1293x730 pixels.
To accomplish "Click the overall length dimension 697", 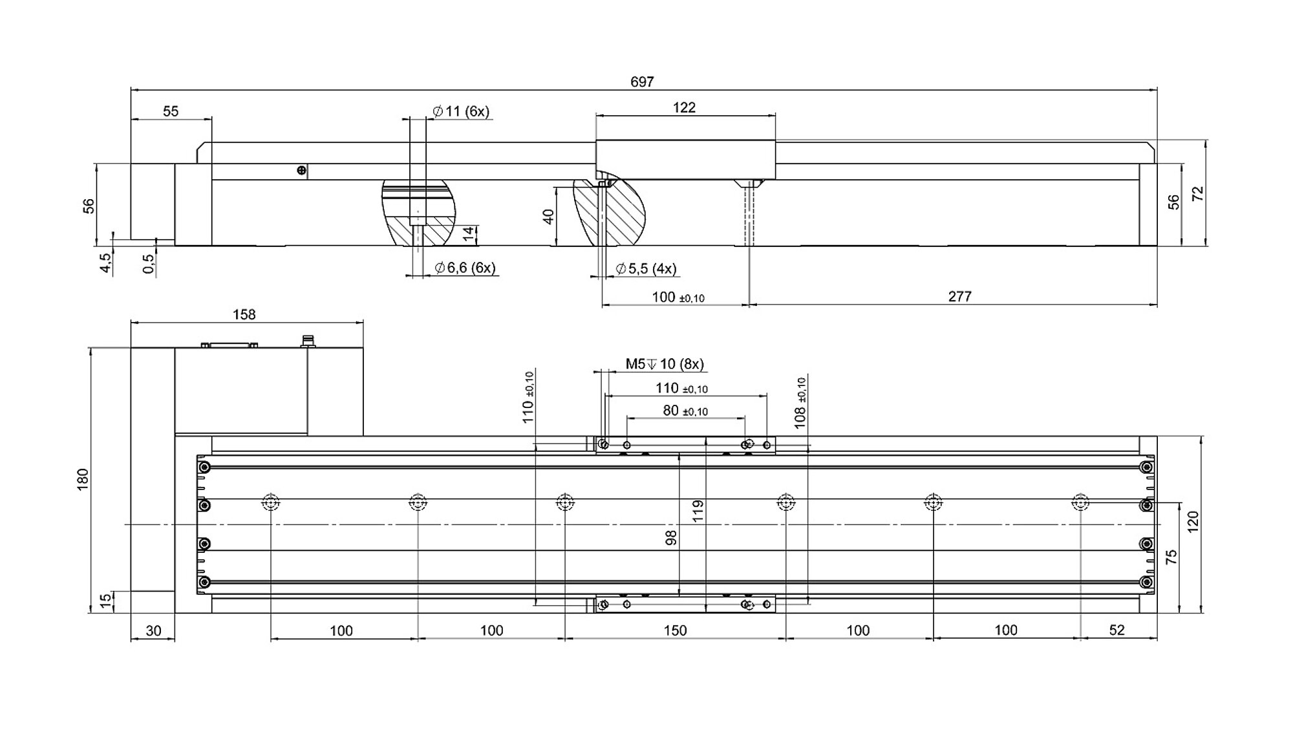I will point(642,82).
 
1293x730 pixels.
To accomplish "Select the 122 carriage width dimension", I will point(684,108).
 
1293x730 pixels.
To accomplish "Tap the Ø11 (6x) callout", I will point(461,111).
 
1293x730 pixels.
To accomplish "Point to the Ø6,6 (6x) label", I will point(465,268).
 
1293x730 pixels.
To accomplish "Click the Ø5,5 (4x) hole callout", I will point(646,268).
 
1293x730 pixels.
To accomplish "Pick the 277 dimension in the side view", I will point(959,296).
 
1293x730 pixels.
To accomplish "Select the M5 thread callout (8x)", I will point(664,364).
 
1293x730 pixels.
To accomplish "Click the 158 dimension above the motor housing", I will point(244,314).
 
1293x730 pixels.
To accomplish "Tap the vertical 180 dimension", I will point(83,479).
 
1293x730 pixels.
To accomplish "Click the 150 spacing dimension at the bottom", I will point(675,630).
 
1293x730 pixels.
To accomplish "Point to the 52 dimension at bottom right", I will point(1117,630).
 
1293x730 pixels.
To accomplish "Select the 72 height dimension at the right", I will point(1198,193).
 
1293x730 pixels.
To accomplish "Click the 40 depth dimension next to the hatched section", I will point(548,216).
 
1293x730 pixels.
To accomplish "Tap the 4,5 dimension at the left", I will point(105,263).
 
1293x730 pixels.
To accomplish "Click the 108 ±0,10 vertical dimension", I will point(800,403).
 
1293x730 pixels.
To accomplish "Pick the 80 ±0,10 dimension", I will point(685,411).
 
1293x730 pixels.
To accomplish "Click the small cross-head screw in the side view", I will point(301,171).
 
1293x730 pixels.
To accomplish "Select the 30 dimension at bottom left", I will point(153,630).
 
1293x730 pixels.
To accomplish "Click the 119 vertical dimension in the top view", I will point(698,511).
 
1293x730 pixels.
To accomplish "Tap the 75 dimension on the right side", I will point(1171,557).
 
